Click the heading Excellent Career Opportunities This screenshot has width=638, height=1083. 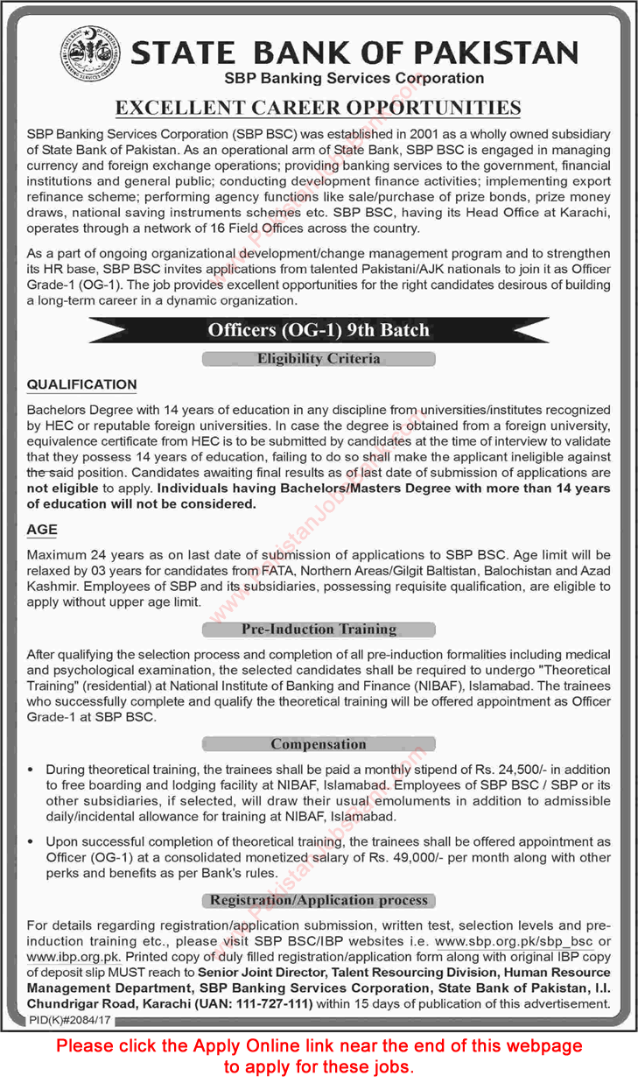(x=319, y=108)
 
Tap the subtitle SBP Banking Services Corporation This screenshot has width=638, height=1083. (x=354, y=79)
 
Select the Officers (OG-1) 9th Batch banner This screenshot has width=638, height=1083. (x=319, y=330)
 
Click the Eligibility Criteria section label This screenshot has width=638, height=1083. (x=319, y=358)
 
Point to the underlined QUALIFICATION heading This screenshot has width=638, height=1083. (x=82, y=384)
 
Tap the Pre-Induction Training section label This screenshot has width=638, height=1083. (x=319, y=629)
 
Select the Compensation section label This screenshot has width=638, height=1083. (x=319, y=744)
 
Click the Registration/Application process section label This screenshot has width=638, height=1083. (x=319, y=900)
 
